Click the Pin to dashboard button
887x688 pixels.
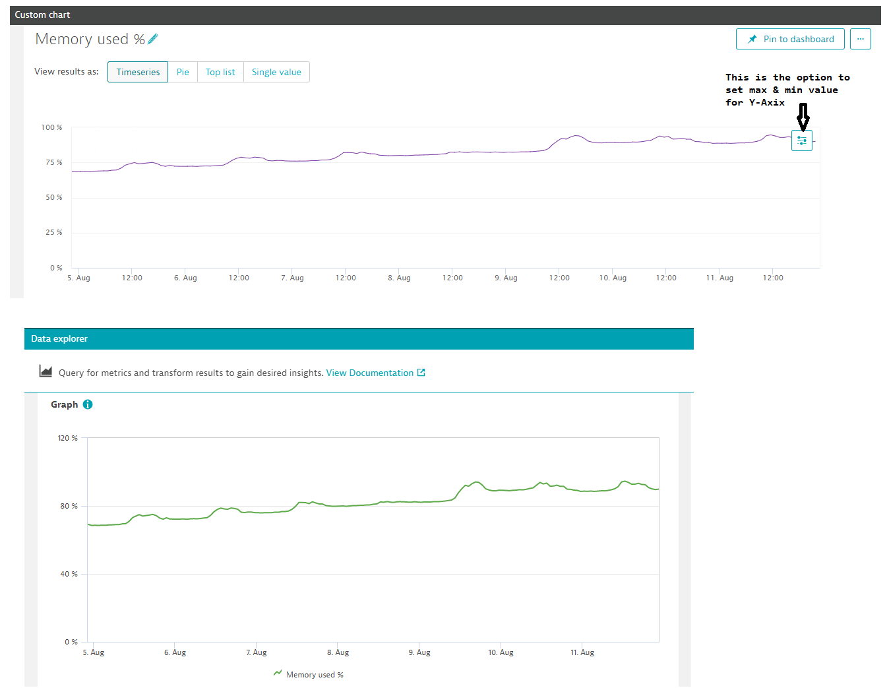pyautogui.click(x=790, y=39)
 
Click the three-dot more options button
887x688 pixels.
pyautogui.click(x=860, y=39)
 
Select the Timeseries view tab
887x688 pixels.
pyautogui.click(x=138, y=72)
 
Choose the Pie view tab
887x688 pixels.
pyautogui.click(x=183, y=72)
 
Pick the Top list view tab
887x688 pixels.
pyautogui.click(x=220, y=72)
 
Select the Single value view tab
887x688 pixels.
pyautogui.click(x=276, y=72)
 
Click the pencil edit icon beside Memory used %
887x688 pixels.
pyautogui.click(x=153, y=39)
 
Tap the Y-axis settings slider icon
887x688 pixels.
pyautogui.click(x=802, y=141)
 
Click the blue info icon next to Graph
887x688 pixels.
pyautogui.click(x=88, y=404)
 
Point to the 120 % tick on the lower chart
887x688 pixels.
pyautogui.click(x=68, y=438)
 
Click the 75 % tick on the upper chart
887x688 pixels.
pyautogui.click(x=54, y=162)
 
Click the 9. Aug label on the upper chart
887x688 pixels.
pyautogui.click(x=506, y=278)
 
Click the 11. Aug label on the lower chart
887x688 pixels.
pyautogui.click(x=582, y=652)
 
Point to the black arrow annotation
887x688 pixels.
pyautogui.click(x=803, y=117)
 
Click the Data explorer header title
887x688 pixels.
pyautogui.click(x=59, y=338)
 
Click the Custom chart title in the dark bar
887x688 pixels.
pyautogui.click(x=42, y=15)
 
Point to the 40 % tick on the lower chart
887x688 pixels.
pyautogui.click(x=69, y=574)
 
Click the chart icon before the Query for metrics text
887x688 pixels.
pyautogui.click(x=46, y=371)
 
